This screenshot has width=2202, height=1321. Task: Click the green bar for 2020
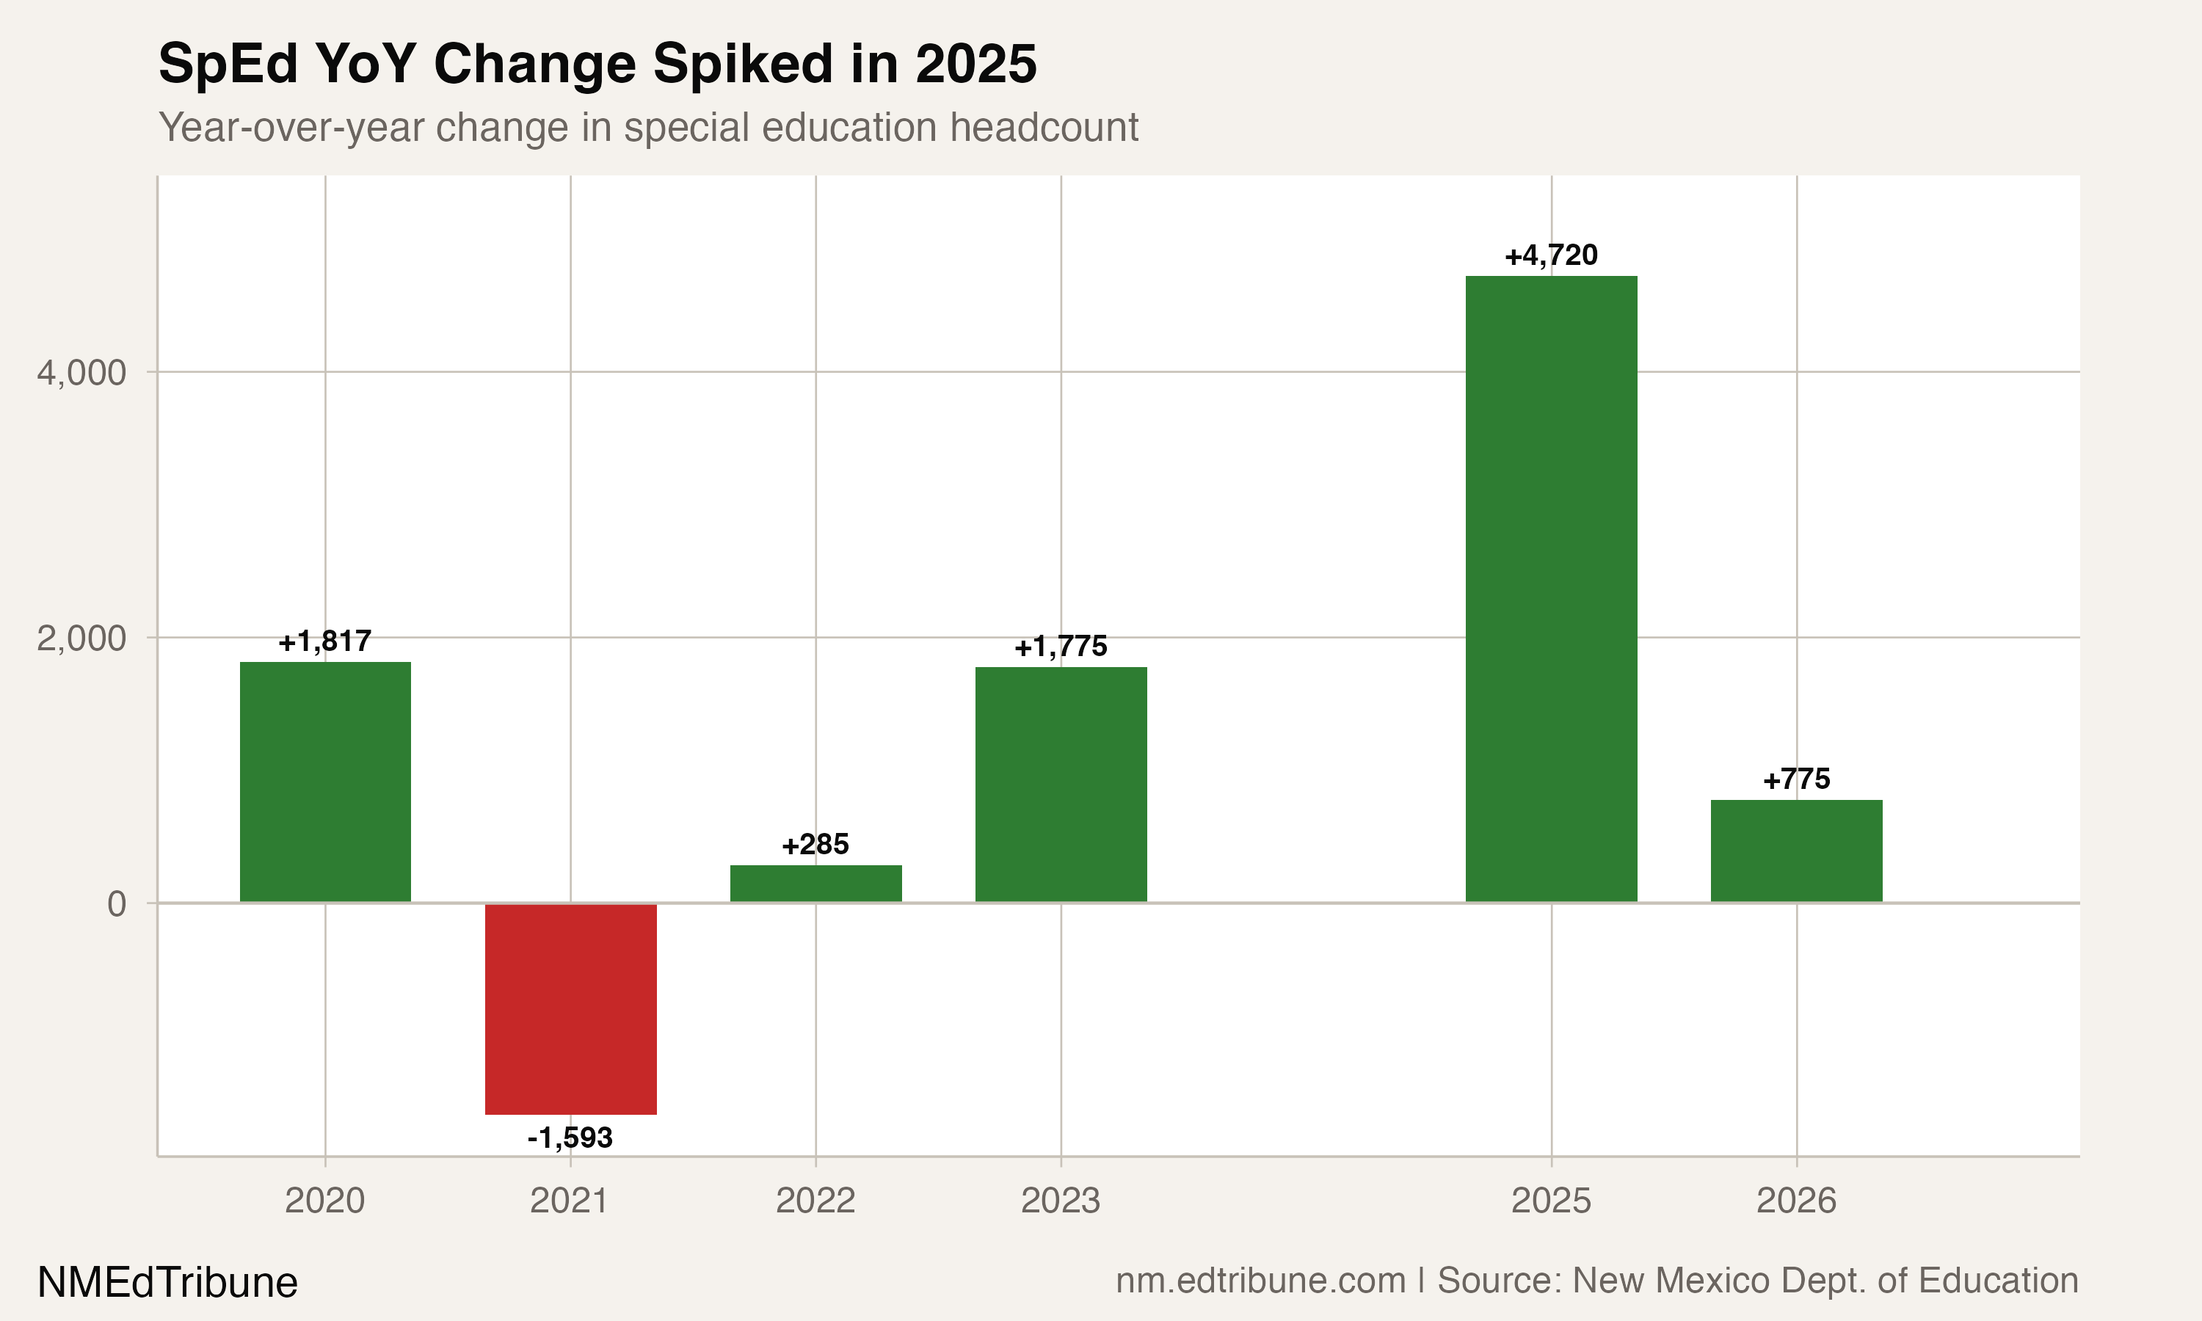325,782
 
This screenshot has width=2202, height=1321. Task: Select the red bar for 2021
570,1008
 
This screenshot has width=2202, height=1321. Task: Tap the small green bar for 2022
815,884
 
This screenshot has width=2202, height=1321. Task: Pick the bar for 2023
1060,785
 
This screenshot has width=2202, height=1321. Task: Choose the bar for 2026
1796,851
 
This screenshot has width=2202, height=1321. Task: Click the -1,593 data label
570,1138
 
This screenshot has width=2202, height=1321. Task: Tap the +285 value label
815,844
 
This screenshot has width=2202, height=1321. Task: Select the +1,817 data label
325,641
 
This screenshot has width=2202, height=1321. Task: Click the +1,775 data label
1060,647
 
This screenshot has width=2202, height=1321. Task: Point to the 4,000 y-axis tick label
82,372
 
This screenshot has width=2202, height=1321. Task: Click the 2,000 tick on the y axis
82,638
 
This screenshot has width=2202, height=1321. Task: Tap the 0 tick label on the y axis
117,903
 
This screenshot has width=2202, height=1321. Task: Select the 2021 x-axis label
570,1201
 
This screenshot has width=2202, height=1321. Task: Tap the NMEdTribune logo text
167,1283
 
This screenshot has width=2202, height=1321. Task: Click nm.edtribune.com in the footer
1260,1280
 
